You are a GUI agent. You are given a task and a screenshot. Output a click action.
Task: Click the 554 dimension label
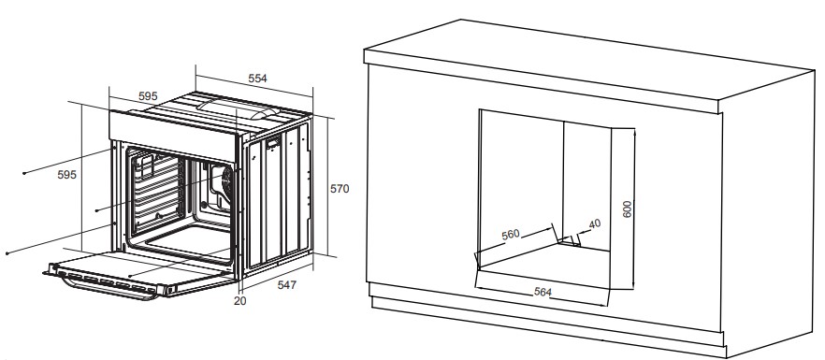click(x=258, y=79)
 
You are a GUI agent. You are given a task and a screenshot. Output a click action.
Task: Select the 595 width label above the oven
click(x=148, y=96)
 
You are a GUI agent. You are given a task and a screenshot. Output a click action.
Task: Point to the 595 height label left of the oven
click(x=66, y=175)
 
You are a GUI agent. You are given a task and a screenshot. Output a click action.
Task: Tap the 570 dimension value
click(x=340, y=189)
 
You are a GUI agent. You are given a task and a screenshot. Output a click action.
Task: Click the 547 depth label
click(x=287, y=285)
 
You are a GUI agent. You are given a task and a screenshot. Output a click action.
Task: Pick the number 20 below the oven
click(x=239, y=301)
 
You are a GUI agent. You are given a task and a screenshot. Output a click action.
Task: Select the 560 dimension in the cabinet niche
click(x=511, y=235)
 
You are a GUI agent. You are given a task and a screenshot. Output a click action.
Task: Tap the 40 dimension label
click(x=595, y=223)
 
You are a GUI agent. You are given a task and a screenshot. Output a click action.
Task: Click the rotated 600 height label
click(x=627, y=209)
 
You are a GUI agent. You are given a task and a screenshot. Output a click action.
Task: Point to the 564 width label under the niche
click(x=543, y=292)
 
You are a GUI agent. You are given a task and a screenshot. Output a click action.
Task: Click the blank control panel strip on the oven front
click(x=172, y=135)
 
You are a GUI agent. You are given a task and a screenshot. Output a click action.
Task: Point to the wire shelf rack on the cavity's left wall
click(x=156, y=194)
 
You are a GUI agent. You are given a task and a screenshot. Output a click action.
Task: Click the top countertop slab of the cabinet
click(x=589, y=65)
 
